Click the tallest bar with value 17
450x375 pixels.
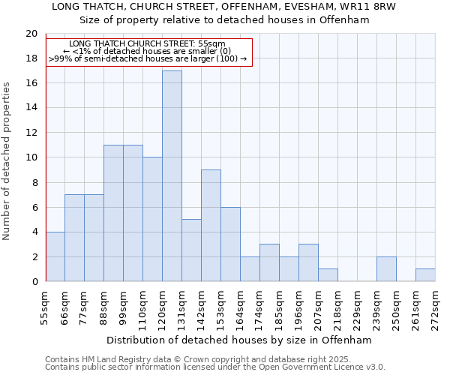click(x=172, y=176)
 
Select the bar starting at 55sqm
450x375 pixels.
click(x=55, y=256)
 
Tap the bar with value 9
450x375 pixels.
click(x=211, y=226)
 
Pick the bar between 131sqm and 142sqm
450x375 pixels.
click(x=191, y=250)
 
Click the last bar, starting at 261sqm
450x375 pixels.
click(x=425, y=275)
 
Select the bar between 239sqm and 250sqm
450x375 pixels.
click(x=386, y=269)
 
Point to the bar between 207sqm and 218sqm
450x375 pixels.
click(x=328, y=275)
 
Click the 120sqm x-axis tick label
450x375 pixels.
click(x=163, y=306)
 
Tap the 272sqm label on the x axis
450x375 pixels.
click(x=435, y=306)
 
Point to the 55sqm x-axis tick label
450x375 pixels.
click(x=46, y=306)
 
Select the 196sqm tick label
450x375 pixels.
click(x=299, y=306)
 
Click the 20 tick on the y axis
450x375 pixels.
click(x=31, y=34)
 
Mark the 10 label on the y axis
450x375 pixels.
click(x=31, y=157)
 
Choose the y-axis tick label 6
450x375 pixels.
click(x=34, y=207)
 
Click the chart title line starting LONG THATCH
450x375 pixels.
click(x=223, y=7)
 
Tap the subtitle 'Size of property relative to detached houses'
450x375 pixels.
click(x=224, y=20)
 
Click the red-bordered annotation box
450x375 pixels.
click(x=148, y=51)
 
